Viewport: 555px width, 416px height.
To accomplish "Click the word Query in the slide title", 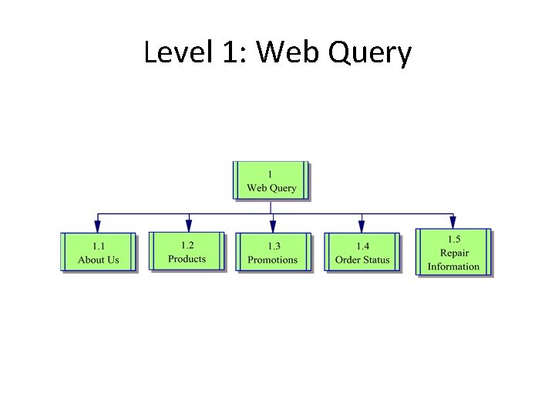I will [x=371, y=54].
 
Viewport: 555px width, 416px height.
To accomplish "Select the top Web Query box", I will [x=271, y=181].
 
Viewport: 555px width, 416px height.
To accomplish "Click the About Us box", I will [x=98, y=253].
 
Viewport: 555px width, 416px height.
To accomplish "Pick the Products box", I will [x=187, y=251].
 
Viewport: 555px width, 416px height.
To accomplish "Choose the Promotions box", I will [x=272, y=253].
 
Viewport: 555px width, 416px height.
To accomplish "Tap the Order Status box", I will [x=362, y=253].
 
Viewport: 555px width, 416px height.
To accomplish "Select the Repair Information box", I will [x=453, y=253].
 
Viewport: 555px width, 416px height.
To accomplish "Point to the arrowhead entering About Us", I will [x=97, y=226].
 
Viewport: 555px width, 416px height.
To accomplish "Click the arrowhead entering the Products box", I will [x=188, y=226].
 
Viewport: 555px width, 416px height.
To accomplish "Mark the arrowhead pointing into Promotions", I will [x=272, y=226].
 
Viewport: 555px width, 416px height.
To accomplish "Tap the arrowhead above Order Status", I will [x=362, y=226].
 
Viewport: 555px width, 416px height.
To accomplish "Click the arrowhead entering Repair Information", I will [x=452, y=222].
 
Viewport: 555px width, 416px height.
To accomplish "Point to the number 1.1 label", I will [x=98, y=246].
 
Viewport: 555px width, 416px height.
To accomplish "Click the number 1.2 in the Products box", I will [x=187, y=245].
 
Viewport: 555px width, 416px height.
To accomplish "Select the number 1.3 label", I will [x=274, y=246].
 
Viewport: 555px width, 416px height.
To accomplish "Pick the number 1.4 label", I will [x=362, y=246].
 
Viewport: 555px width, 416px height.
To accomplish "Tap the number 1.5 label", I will [x=454, y=240].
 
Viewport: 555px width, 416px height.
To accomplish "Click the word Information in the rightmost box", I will [x=453, y=267].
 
